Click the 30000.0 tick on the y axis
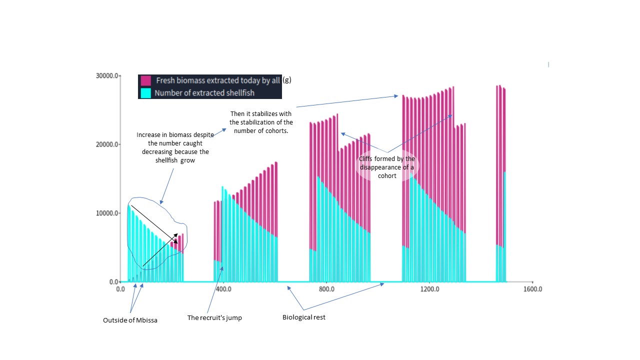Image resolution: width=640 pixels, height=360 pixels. pos(106,75)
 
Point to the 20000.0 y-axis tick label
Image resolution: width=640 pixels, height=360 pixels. pos(106,144)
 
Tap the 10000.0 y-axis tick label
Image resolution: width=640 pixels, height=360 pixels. pos(106,213)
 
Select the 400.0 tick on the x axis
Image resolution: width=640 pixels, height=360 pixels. pos(223,289)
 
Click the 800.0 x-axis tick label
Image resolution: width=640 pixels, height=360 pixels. pos(326,289)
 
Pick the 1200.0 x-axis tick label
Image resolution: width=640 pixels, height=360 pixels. pos(429,289)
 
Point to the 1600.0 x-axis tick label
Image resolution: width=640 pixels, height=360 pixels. pos(532,289)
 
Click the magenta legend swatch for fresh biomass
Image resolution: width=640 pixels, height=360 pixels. pos(146,80)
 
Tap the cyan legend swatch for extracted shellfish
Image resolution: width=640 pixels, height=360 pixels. pos(146,93)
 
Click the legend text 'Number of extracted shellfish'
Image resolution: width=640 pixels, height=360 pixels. pos(204,93)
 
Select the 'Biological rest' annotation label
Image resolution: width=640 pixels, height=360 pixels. pos(303,317)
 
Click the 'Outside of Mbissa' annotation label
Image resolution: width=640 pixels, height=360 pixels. pos(130,320)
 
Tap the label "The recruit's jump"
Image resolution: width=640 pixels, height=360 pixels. pos(214,317)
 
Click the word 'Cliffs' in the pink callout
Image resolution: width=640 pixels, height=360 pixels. pos(367,158)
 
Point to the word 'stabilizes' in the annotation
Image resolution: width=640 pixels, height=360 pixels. pos(275,114)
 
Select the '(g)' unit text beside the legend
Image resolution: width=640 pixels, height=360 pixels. pos(287,80)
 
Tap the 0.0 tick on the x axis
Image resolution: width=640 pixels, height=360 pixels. pos(120,289)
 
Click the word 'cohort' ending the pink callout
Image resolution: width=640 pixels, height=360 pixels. pos(387,175)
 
